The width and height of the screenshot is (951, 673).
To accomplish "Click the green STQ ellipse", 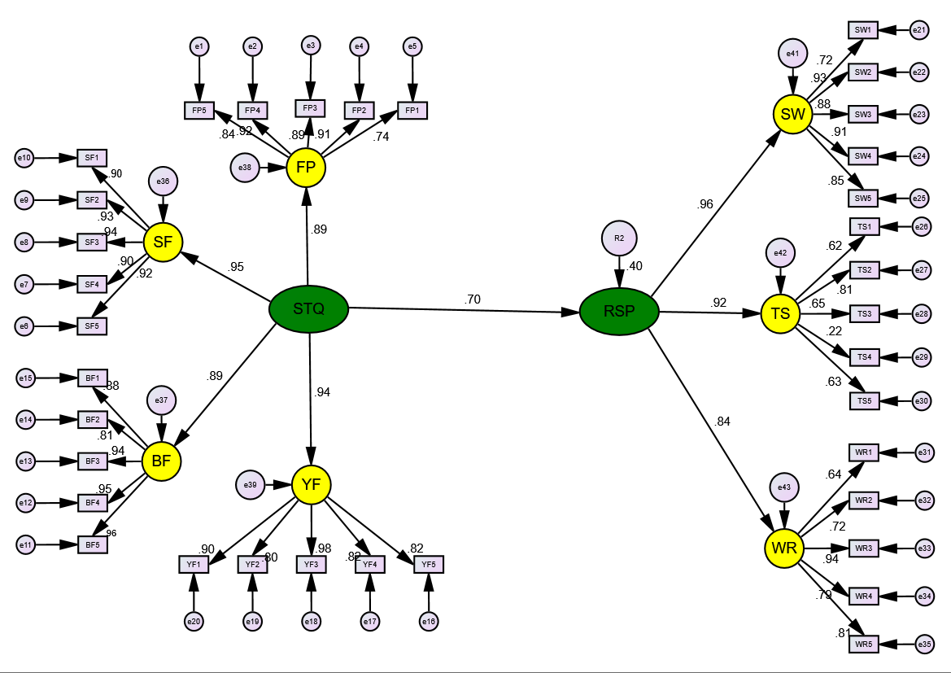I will click(309, 309).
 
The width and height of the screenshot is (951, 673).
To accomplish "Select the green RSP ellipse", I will click(619, 312).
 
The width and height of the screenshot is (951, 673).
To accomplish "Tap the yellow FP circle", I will click(306, 168).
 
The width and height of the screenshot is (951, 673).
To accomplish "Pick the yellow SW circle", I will click(792, 115).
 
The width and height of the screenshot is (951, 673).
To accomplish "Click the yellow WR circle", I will click(784, 548).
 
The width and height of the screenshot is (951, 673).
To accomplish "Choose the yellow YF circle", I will click(311, 485).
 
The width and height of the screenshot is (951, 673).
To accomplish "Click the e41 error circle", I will click(792, 55).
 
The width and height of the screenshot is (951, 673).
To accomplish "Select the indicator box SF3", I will click(92, 242).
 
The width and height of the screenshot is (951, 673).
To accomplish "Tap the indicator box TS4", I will click(864, 356).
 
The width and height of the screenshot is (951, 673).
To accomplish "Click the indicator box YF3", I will click(311, 564).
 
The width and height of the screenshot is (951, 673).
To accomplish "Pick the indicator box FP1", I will click(412, 111).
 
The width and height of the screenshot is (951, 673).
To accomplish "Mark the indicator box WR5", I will click(863, 645).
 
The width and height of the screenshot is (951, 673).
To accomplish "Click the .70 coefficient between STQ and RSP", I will click(473, 299).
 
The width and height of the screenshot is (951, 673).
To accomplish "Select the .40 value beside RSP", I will click(636, 267).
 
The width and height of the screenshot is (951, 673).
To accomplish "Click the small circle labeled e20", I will click(193, 622).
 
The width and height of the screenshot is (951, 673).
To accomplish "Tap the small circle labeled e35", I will click(923, 645).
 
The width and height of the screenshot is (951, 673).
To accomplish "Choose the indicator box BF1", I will click(92, 378).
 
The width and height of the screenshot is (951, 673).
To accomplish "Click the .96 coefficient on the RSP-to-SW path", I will click(705, 204).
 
